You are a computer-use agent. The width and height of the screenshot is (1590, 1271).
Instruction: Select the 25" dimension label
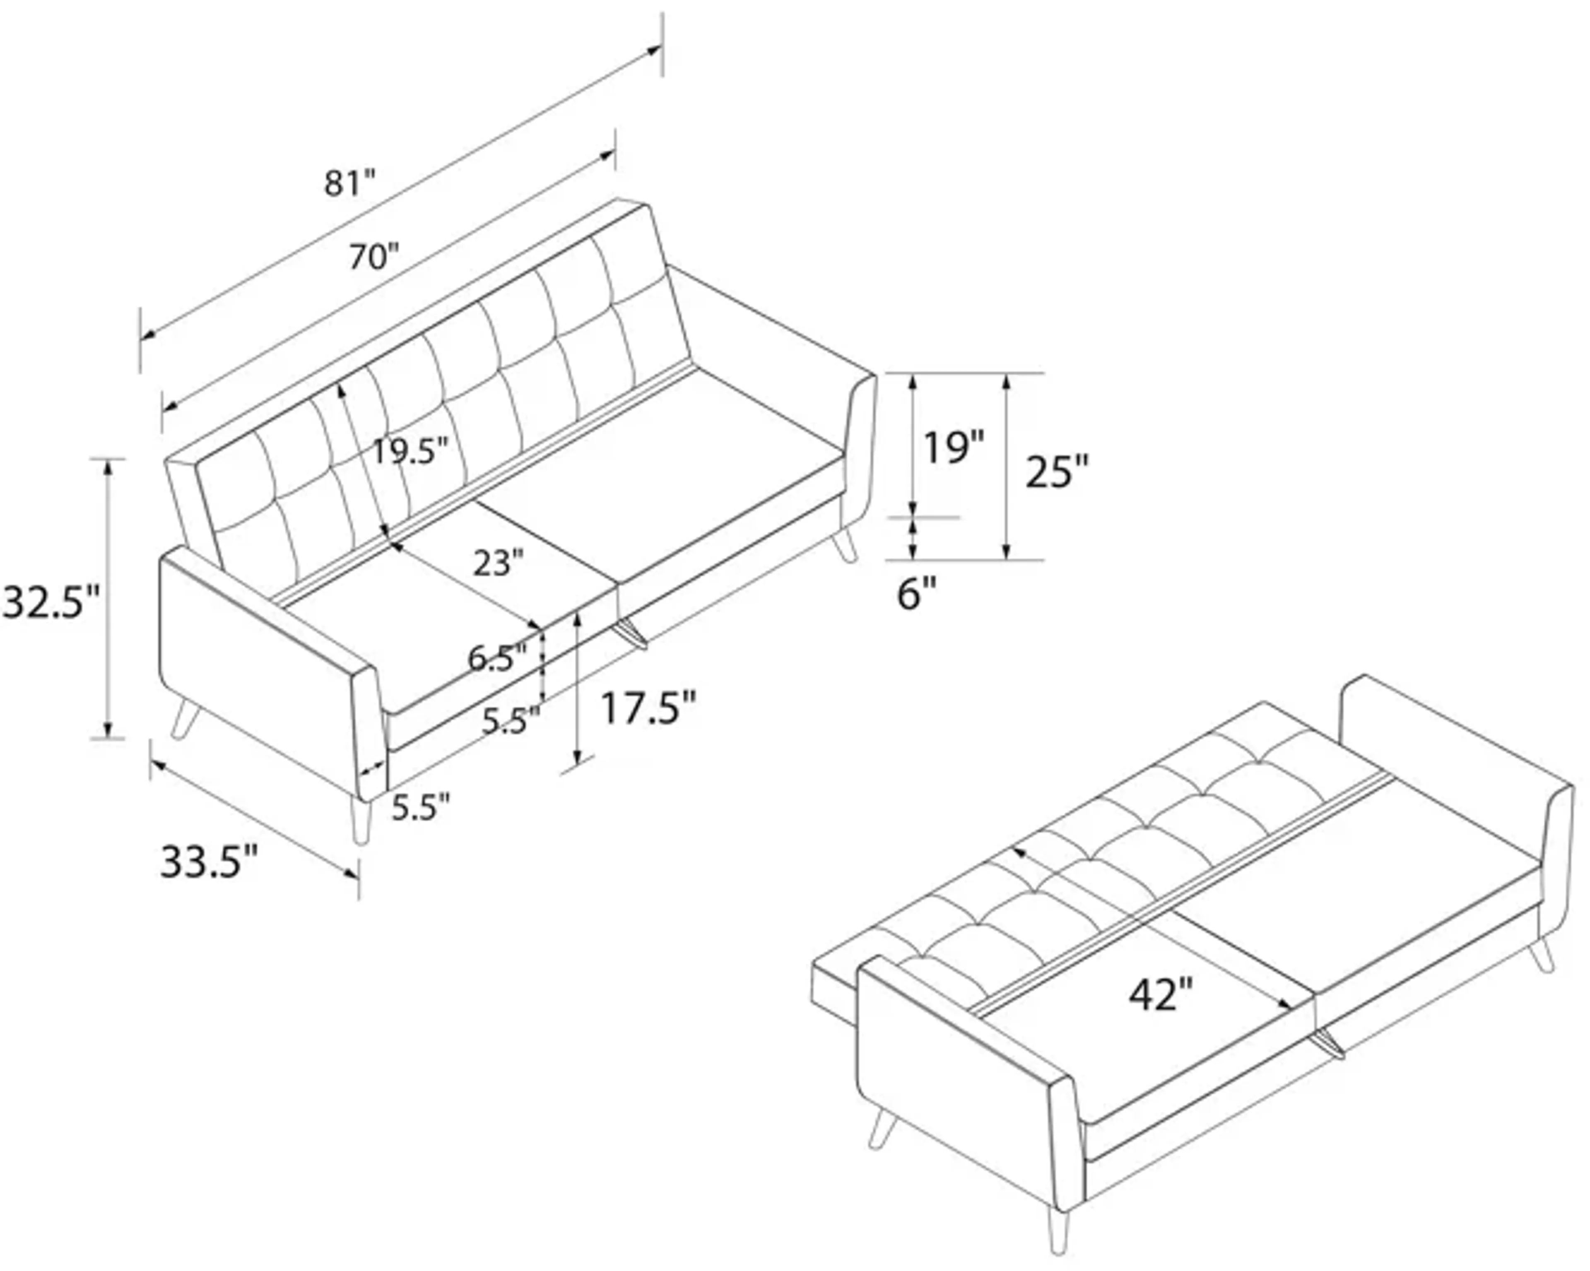pyautogui.click(x=1057, y=472)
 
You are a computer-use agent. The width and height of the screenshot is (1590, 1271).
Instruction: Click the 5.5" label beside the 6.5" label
pyautogui.click(x=511, y=720)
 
